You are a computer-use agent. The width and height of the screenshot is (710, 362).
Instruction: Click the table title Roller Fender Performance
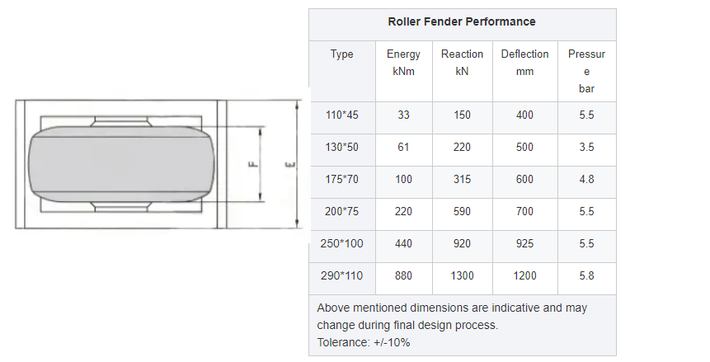[x=462, y=21]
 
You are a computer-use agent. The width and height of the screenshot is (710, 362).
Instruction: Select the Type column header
[x=341, y=54]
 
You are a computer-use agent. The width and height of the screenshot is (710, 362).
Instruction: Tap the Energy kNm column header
[x=403, y=63]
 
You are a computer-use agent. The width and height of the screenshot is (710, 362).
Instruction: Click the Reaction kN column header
[x=462, y=63]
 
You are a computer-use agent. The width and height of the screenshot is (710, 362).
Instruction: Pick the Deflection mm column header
[x=524, y=63]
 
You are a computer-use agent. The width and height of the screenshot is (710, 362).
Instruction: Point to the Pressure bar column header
[x=586, y=71]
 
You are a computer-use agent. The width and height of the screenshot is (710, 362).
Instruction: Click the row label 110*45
[x=341, y=115]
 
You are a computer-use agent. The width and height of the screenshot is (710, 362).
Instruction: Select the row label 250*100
[x=341, y=244]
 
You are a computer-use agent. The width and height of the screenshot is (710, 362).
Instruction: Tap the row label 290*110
[x=341, y=276]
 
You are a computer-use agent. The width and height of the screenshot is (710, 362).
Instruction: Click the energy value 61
[x=403, y=148]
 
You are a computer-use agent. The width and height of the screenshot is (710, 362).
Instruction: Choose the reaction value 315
[x=462, y=180]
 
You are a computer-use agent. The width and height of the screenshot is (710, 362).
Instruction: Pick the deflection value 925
[x=524, y=244]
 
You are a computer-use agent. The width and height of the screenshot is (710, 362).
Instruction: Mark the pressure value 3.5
[x=586, y=148]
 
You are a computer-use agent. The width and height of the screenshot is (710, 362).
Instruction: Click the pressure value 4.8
[x=586, y=180]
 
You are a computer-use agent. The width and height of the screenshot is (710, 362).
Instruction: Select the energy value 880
[x=403, y=276]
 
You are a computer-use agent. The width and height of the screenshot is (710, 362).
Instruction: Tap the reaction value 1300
[x=462, y=276]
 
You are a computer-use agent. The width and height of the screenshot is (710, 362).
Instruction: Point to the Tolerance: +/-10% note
[x=364, y=342]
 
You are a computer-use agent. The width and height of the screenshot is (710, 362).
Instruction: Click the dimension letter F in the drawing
[x=253, y=164]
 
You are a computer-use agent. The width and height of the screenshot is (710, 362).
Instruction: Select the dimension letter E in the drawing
[x=289, y=164]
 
